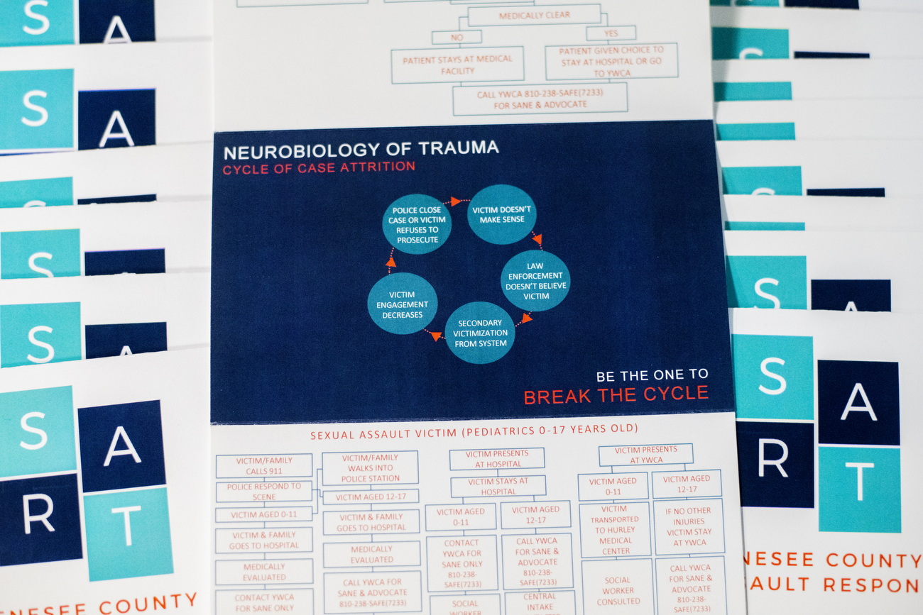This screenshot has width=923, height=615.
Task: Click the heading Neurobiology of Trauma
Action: click(x=361, y=149)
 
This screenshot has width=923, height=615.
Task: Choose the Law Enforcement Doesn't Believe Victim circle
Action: click(x=536, y=280)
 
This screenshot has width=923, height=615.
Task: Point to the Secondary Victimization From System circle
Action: click(x=480, y=333)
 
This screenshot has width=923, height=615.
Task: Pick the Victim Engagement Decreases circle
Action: click(x=403, y=304)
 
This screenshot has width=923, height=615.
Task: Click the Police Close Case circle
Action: click(x=417, y=224)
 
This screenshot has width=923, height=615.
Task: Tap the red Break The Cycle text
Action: click(x=616, y=395)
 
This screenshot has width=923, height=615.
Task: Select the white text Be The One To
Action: click(x=652, y=375)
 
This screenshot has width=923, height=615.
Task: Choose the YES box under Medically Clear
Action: click(x=611, y=33)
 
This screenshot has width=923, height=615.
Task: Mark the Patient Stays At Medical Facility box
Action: click(x=457, y=65)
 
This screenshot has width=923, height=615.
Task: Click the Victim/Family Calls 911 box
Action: click(x=264, y=466)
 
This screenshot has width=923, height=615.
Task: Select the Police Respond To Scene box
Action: click(x=264, y=492)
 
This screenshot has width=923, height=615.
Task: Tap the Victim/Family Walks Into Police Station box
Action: click(x=370, y=468)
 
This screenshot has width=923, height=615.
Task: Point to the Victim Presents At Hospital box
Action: click(x=497, y=459)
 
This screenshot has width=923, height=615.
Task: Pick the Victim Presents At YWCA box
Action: click(x=645, y=455)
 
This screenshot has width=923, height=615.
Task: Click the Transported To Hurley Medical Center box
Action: click(x=615, y=529)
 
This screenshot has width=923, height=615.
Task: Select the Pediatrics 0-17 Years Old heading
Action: click(x=474, y=429)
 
